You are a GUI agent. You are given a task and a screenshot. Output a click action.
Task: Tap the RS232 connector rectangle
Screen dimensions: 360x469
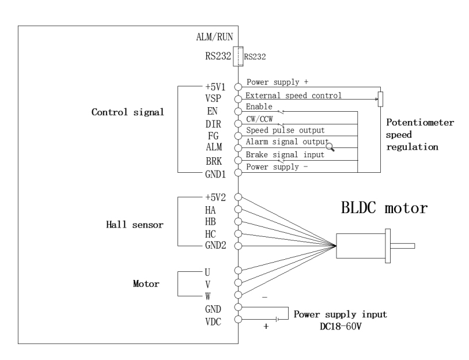tap(238, 56)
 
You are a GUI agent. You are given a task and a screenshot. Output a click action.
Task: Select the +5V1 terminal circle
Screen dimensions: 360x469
tap(238, 84)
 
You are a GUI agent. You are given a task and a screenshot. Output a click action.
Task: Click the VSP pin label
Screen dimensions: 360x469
tap(222, 97)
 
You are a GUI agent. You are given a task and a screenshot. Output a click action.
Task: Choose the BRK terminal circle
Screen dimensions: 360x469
tap(238, 160)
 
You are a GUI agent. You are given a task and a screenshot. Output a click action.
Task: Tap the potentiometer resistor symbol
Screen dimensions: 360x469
tap(379, 98)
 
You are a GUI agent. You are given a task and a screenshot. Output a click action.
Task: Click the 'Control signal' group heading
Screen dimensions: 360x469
tap(125, 112)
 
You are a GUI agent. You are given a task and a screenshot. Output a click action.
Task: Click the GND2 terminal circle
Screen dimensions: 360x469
tap(238, 246)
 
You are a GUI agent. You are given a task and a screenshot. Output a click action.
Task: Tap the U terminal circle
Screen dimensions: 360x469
tap(238, 271)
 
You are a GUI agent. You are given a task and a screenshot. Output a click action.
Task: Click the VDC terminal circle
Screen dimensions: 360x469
tap(238, 320)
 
